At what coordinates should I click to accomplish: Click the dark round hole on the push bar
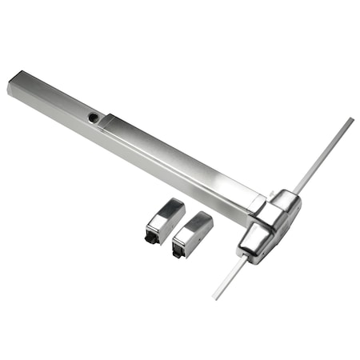pyautogui.click(x=94, y=117)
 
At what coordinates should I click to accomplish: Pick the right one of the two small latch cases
pyautogui.click(x=192, y=234)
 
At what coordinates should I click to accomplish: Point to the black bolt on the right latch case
pyautogui.click(x=178, y=253)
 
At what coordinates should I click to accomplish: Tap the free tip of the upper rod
pyautogui.click(x=351, y=120)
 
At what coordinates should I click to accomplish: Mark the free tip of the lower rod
pyautogui.click(x=214, y=297)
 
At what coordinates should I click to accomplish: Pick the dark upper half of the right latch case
pyautogui.click(x=195, y=223)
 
